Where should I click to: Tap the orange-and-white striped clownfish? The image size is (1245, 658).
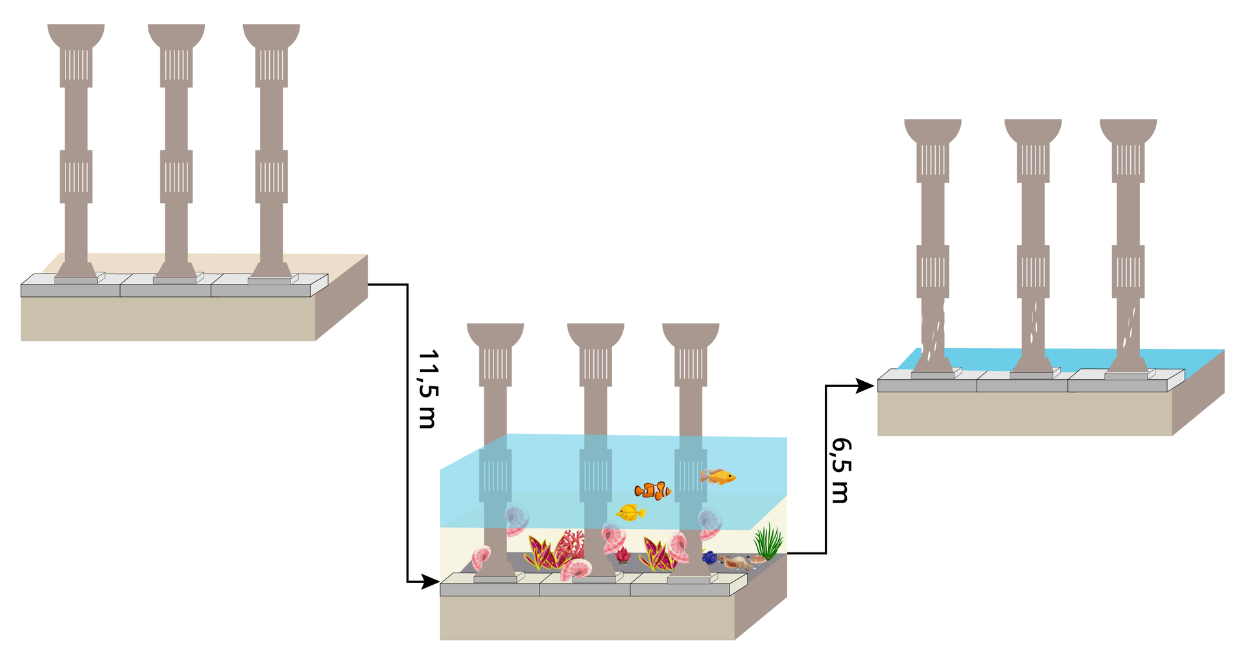[x=653, y=491]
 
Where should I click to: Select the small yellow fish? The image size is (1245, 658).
[x=630, y=513]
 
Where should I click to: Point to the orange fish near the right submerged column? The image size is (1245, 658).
[x=718, y=476]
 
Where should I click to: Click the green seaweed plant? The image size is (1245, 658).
[x=768, y=542]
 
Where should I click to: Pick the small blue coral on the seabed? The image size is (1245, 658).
[x=710, y=557]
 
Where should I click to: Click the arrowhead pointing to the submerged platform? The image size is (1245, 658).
[x=431, y=582]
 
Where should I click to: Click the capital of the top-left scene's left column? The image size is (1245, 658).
[x=76, y=36]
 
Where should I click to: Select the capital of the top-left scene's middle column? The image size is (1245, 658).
[x=176, y=36]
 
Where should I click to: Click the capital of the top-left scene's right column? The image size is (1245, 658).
[x=272, y=36]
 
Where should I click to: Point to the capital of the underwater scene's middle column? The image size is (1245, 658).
[x=595, y=335]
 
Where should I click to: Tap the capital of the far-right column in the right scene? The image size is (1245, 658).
[x=1128, y=131]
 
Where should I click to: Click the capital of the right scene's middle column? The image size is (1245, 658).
[x=1033, y=131]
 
